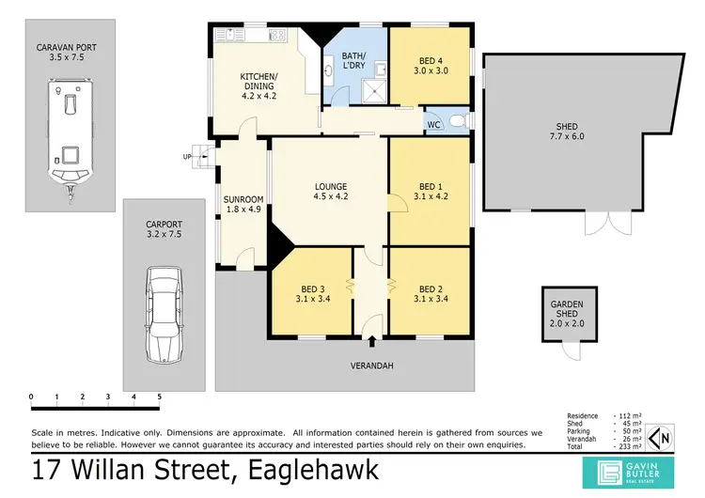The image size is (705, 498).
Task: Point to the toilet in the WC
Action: [x=458, y=122]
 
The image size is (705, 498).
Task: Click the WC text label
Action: [x=433, y=124]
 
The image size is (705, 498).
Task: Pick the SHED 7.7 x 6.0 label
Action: [x=566, y=132]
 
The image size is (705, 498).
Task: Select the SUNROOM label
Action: [x=243, y=204]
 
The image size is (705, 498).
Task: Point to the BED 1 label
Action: [x=430, y=192]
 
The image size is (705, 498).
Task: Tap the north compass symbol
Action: [x=663, y=436]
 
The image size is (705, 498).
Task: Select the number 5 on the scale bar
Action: [x=159, y=397]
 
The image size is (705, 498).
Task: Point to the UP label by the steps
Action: [x=187, y=157]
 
